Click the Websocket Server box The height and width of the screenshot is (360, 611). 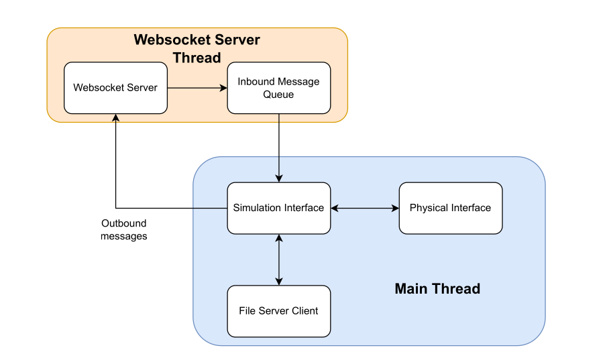coord(115,88)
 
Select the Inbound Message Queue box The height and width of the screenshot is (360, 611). coord(278,88)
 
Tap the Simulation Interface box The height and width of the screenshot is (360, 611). coord(278,208)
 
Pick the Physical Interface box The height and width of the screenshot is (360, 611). coord(450,208)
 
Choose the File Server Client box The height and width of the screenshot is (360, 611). coord(278,311)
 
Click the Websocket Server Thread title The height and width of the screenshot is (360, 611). coord(197,48)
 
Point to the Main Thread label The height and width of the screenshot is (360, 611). coord(437,289)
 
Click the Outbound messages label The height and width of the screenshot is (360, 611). coord(124,230)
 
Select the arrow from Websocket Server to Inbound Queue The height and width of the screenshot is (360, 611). coord(197,88)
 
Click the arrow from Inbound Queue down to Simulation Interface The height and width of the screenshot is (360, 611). coord(278,147)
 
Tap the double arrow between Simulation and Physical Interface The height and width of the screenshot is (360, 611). coord(364,208)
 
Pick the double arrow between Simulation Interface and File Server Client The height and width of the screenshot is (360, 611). coord(278,259)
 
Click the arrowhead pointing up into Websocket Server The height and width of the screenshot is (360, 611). coord(116,119)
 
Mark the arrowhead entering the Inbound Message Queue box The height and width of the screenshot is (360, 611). coord(223,88)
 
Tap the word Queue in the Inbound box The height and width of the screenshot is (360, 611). coord(278,95)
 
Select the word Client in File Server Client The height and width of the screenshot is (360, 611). coord(303,311)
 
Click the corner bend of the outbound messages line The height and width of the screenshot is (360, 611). coord(116,208)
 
